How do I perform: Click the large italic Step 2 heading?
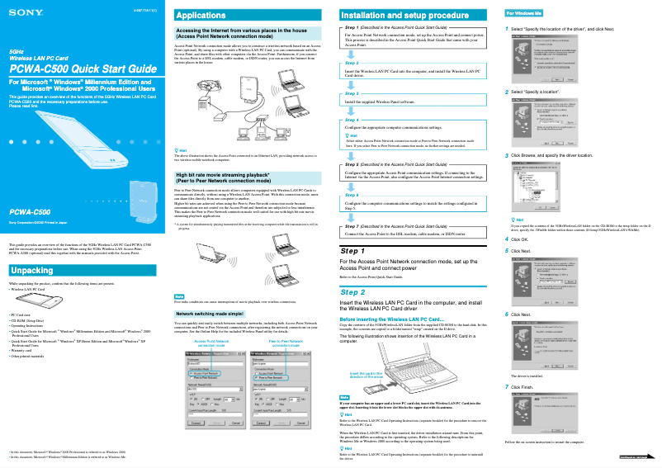click(x=352, y=292)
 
